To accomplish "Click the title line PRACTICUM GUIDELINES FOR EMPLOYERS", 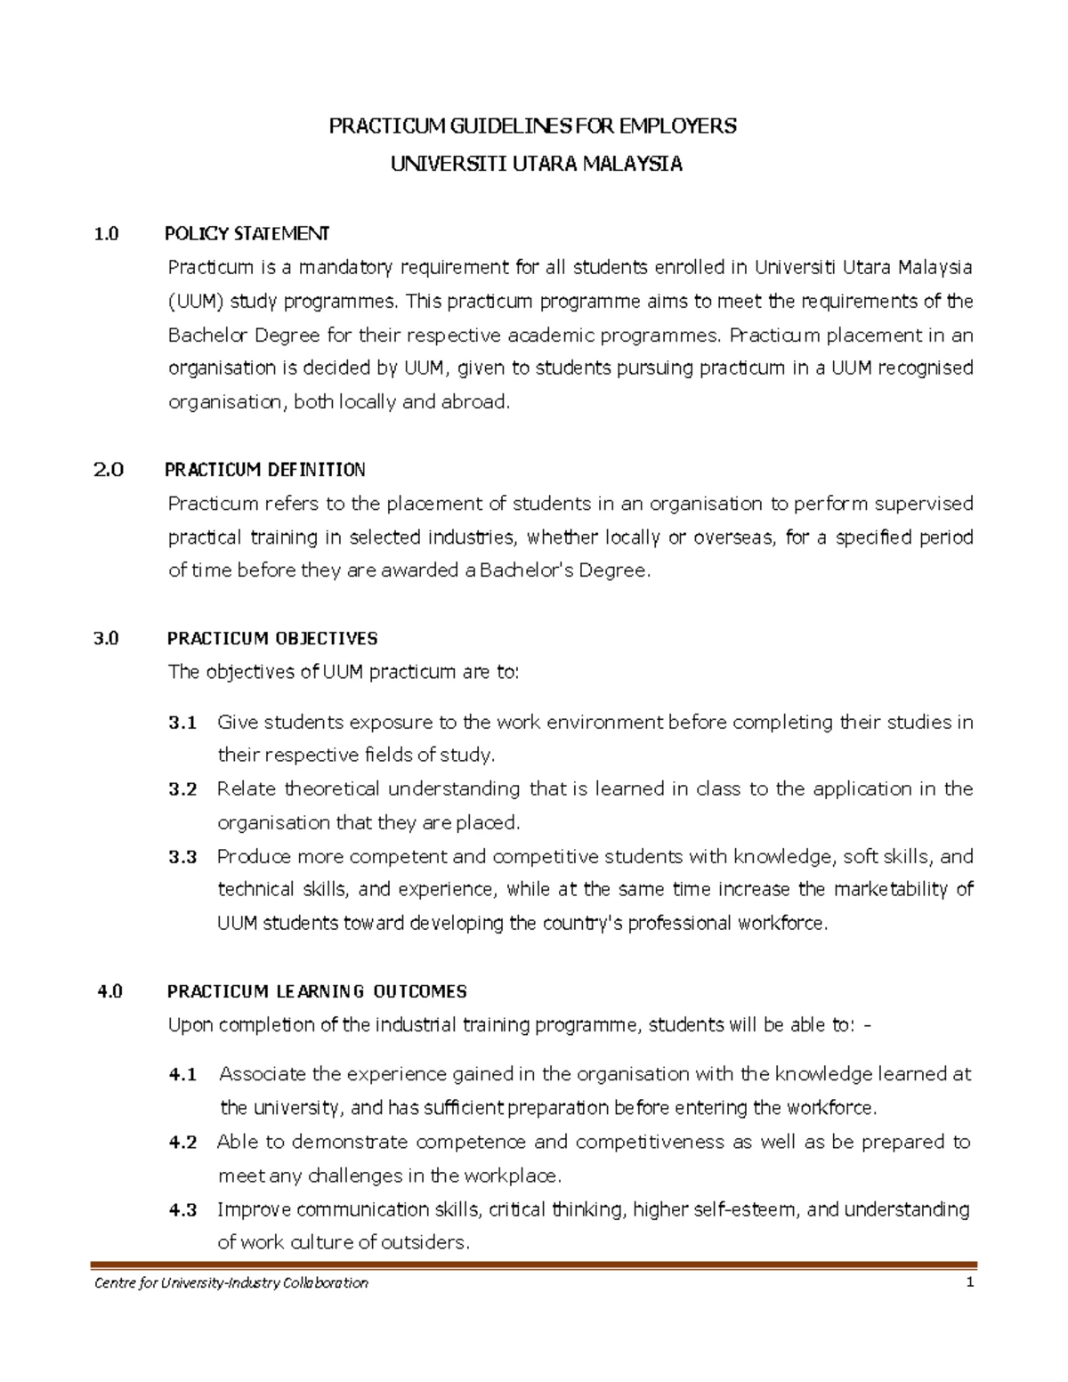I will click(x=533, y=126).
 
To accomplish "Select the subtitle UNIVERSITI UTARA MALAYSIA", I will click(x=537, y=164).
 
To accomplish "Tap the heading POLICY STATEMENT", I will click(x=247, y=234).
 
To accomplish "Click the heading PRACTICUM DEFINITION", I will click(x=265, y=470).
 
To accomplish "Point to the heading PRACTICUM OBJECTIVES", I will click(x=272, y=639).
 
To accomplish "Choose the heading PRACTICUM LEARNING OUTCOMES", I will click(x=317, y=991).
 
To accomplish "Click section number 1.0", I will click(x=105, y=234).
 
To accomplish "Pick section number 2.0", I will click(x=108, y=470).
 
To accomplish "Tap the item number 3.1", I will click(x=182, y=723).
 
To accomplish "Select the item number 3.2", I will click(x=182, y=789).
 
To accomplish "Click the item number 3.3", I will click(x=182, y=857).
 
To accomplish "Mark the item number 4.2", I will click(x=182, y=1143).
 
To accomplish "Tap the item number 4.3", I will click(x=182, y=1210).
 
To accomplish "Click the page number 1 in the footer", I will click(x=970, y=1282).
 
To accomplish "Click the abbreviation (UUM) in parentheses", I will click(x=196, y=302).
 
